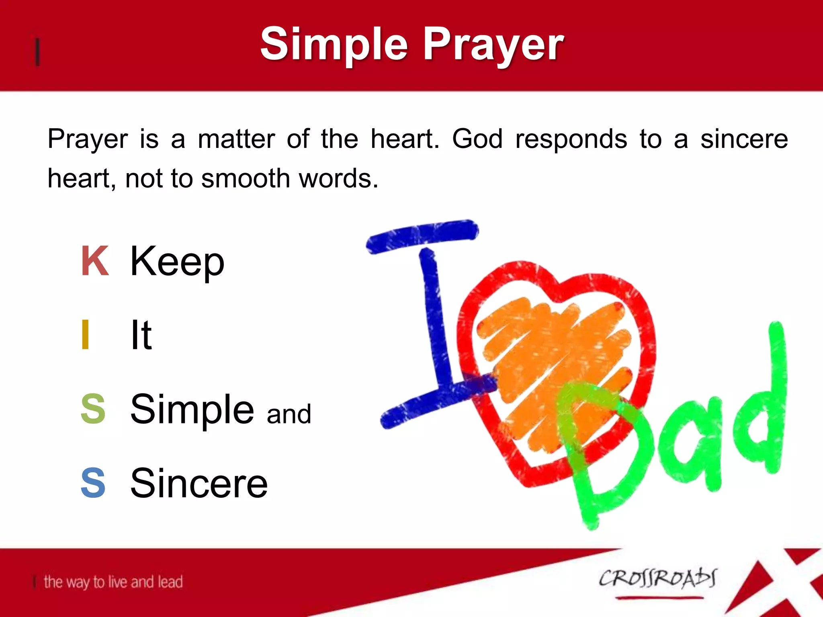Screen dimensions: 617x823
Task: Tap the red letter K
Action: pos(95,261)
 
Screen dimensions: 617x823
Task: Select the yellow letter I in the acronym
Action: pos(85,334)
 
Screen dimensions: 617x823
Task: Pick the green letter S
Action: pos(93,409)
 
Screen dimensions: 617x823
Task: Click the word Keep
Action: pos(177,262)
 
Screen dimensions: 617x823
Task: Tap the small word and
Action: pos(289,414)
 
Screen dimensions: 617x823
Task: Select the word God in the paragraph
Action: pos(477,139)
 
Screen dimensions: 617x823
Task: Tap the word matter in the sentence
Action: pos(236,139)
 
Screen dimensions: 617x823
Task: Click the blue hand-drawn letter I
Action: pos(432,321)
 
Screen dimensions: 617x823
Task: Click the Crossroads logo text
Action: pos(657,579)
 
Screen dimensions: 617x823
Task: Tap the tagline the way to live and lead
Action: pos(113,582)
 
